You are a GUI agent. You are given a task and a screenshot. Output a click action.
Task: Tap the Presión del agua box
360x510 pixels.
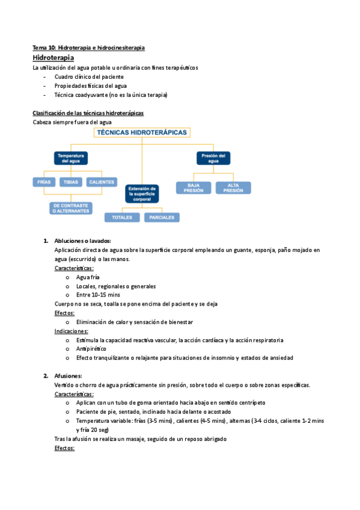[x=213, y=158]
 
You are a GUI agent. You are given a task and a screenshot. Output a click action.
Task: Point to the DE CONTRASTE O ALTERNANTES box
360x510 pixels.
[x=71, y=208]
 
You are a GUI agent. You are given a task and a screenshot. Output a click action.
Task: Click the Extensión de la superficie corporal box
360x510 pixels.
[x=142, y=193]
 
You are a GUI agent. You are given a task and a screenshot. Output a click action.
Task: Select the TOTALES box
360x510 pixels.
[x=122, y=217]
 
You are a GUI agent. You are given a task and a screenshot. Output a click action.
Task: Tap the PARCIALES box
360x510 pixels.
[x=162, y=217]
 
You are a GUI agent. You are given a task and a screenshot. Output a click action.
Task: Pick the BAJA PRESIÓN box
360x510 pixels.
[x=194, y=188]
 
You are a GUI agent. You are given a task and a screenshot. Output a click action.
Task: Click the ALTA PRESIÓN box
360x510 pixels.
[x=233, y=188]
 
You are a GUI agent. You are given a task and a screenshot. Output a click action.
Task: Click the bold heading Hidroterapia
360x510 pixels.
[x=53, y=58]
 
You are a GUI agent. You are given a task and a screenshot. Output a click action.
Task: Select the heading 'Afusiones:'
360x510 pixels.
[x=68, y=376]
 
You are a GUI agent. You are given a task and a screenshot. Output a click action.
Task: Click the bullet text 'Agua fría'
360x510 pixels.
[x=88, y=277]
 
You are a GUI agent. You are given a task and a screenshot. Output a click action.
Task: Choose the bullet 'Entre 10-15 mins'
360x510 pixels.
[x=98, y=295]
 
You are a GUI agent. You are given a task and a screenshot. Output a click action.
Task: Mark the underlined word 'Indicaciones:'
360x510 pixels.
[x=71, y=331]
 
